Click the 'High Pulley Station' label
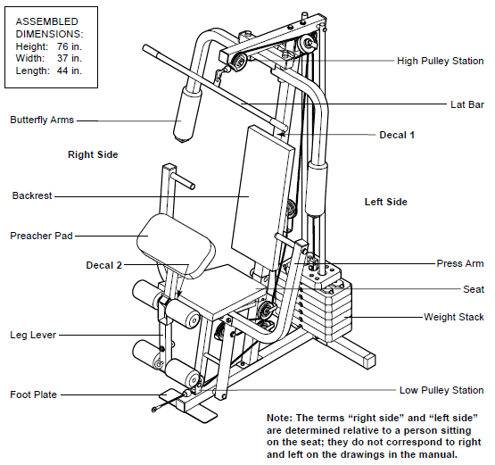441,62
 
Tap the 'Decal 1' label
397,135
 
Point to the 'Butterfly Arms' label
42,120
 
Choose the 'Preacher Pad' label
41,237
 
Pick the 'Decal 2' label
104,265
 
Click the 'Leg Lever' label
32,335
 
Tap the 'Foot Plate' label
33,394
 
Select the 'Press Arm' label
460,263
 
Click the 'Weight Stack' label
453,317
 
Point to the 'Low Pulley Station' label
441,390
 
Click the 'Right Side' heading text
93,154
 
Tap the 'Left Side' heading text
385,202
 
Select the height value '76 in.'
70,44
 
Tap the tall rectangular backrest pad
261,196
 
